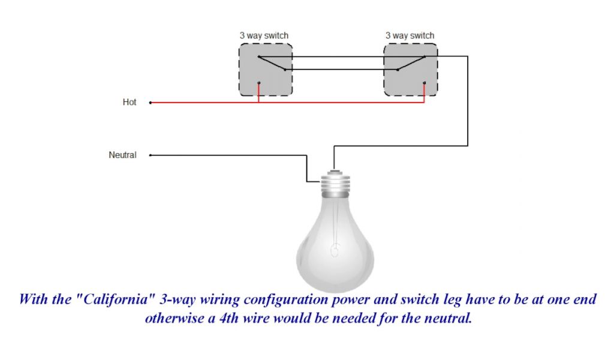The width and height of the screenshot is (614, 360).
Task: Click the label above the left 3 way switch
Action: coord(264,35)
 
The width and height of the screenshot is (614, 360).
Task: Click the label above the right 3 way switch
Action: coord(410,35)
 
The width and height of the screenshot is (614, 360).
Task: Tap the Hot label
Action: coord(130,103)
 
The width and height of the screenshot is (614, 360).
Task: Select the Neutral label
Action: coord(122,155)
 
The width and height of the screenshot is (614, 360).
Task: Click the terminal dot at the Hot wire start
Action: coord(150,103)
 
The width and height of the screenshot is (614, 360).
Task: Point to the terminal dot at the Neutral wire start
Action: coord(150,155)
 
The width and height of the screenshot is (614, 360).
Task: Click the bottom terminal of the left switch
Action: coord(258,83)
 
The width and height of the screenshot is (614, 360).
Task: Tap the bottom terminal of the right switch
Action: coord(425,83)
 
